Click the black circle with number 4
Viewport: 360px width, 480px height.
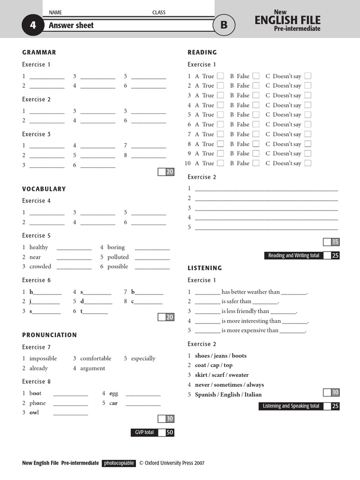[33, 25]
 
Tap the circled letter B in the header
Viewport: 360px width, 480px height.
[224, 25]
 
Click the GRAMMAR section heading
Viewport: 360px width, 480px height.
[39, 52]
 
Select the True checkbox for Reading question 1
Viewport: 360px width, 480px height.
[220, 76]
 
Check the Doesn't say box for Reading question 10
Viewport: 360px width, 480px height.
[307, 163]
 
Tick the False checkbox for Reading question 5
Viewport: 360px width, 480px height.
[256, 115]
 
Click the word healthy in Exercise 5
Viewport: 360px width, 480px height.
[38, 247]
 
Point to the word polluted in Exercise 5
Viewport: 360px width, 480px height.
[118, 257]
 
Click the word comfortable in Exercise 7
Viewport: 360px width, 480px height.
[96, 359]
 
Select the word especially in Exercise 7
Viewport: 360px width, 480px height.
[143, 359]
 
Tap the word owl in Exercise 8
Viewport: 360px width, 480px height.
[34, 412]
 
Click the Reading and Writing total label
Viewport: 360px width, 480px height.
[293, 255]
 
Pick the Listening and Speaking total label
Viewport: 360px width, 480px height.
[291, 406]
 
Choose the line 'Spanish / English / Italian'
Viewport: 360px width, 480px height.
[228, 395]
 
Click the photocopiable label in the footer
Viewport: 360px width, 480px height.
[119, 463]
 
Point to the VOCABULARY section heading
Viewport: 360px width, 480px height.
[44, 189]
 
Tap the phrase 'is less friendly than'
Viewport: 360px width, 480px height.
[245, 311]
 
